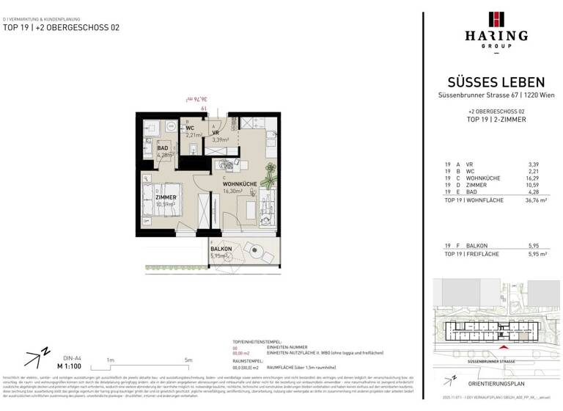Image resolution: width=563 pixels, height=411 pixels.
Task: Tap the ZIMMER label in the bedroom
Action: pyautogui.click(x=166, y=197)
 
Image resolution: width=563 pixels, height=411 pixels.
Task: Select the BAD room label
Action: pyautogui.click(x=163, y=148)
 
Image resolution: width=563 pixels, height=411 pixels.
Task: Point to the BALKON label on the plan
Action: pyautogui.click(x=221, y=249)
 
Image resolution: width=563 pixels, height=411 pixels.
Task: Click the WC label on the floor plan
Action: pyautogui.click(x=189, y=128)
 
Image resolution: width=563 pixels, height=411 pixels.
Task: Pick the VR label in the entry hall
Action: pyautogui.click(x=217, y=132)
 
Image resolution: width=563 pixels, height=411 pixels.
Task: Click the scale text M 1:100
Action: pyautogui.click(x=70, y=365)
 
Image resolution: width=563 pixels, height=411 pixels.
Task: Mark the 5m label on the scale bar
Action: pyautogui.click(x=188, y=360)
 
